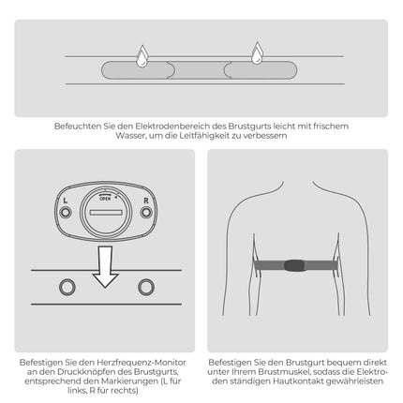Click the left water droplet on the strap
point(142,56)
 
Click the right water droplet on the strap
point(257,53)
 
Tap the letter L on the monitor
point(65,201)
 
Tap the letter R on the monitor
point(146,201)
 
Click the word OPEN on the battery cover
point(105,199)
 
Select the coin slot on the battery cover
point(106,213)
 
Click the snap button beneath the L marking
point(66,213)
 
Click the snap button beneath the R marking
point(146,213)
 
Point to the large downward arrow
point(106,266)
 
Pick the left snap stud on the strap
point(67,287)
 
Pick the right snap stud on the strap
point(146,287)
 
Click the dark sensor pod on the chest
point(294,265)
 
